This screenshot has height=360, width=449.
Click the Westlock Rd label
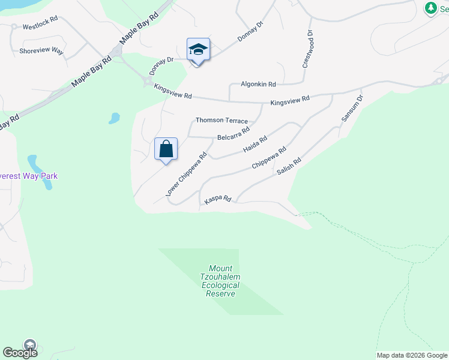[x=40, y=27]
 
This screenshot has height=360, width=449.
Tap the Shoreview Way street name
[x=41, y=51]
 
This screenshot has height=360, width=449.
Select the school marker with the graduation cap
[x=198, y=50]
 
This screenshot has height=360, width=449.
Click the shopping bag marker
[x=166, y=149]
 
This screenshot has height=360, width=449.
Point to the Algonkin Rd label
[x=258, y=85]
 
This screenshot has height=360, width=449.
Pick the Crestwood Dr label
[x=306, y=49]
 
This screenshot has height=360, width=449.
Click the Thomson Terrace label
[x=221, y=121]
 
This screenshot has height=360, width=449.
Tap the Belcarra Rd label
[x=234, y=134]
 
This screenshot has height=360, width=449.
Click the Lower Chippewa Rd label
[x=186, y=174]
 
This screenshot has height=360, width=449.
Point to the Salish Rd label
[x=288, y=166]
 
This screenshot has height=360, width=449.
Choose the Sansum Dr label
[x=352, y=109]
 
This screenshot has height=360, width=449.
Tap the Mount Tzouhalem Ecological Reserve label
[x=220, y=281]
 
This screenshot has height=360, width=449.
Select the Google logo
[x=20, y=353]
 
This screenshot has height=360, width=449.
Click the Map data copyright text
[x=412, y=355]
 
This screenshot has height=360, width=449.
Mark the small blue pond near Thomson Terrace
[x=114, y=118]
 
